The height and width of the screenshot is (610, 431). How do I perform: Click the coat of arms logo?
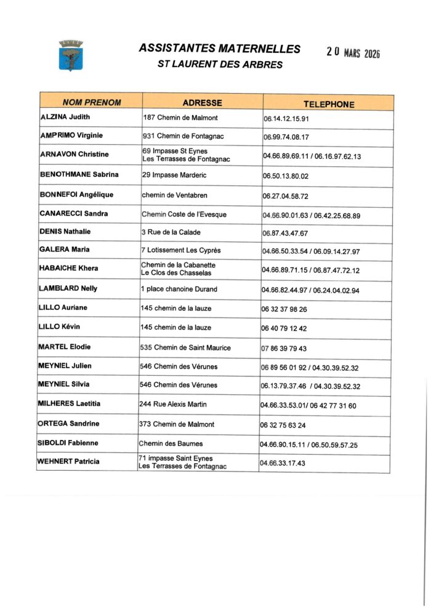click(x=71, y=56)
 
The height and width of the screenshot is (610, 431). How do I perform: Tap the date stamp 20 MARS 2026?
click(x=353, y=53)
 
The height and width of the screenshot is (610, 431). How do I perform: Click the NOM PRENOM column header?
click(x=92, y=103)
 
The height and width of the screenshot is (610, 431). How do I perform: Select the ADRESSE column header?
click(x=202, y=103)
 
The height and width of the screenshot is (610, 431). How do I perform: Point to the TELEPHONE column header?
click(x=328, y=104)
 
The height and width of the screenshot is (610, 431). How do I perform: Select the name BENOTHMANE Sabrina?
click(x=79, y=175)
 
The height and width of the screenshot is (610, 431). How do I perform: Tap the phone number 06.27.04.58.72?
click(x=286, y=196)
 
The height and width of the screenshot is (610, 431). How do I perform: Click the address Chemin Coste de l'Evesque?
click(x=184, y=214)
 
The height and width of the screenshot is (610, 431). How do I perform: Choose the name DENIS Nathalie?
click(x=65, y=232)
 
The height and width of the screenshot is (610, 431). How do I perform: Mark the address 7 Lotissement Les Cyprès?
click(x=181, y=250)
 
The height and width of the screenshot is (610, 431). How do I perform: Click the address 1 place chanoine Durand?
click(x=179, y=289)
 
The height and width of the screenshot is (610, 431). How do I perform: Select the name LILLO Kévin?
click(x=60, y=327)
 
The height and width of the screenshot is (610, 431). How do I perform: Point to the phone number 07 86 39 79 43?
click(x=284, y=349)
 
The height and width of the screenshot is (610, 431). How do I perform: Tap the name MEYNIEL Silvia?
click(x=64, y=384)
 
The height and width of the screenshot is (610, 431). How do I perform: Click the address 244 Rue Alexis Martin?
click(x=173, y=404)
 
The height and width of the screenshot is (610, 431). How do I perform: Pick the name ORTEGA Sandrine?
click(x=68, y=424)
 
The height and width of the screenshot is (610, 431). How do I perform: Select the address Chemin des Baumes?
click(x=170, y=443)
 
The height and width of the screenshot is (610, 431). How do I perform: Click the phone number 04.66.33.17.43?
click(x=283, y=463)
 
